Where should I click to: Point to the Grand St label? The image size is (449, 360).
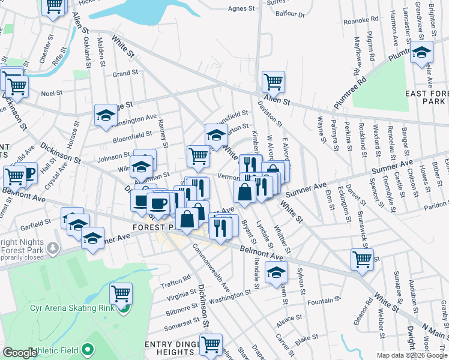pos(125,74)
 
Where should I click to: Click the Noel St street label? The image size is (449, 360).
pos(52,93)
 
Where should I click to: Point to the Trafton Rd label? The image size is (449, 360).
pos(178,278)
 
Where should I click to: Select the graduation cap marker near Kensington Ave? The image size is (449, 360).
pos(106,115)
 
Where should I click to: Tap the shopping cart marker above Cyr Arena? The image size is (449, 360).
pos(121,293)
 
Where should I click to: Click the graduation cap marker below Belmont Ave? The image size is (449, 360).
pos(276,272)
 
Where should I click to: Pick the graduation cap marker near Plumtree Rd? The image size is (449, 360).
pos(421,52)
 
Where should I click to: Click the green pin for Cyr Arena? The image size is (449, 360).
pos(122,309)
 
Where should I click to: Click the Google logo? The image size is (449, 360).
pos(20,353)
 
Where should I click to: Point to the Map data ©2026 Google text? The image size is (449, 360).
pos(411,355)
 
